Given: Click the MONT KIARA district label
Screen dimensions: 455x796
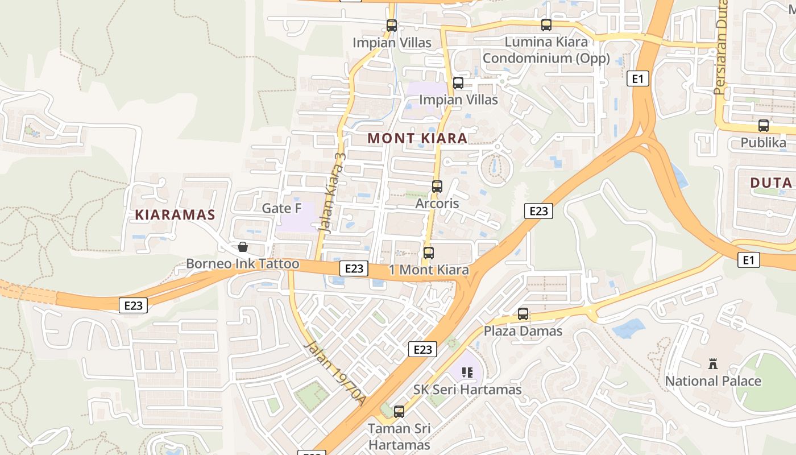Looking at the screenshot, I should tap(417, 138).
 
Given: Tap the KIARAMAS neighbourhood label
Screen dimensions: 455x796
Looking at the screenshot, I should tap(175, 215).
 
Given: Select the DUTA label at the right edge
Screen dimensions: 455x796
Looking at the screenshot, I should tap(772, 183).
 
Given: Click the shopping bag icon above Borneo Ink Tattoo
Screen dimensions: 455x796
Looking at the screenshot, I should tap(243, 247).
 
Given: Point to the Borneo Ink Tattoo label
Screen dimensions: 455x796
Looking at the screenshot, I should tap(243, 264).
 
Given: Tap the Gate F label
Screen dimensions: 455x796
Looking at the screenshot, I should tap(281, 208).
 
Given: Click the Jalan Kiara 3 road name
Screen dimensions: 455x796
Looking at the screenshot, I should tap(333, 191).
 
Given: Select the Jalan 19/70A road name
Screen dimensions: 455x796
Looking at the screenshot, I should tap(335, 373).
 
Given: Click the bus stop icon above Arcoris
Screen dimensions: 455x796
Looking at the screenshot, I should tap(437, 187).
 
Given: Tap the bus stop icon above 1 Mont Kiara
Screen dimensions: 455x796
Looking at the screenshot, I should tap(429, 253).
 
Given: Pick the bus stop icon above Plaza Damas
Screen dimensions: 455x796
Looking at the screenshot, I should tap(523, 314).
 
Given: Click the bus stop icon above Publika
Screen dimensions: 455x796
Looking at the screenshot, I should tap(764, 126).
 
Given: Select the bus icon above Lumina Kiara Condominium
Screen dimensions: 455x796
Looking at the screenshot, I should tap(546, 25).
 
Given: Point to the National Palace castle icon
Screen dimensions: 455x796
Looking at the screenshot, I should tap(712, 364).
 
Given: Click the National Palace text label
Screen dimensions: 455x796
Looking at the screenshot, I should tap(713, 381).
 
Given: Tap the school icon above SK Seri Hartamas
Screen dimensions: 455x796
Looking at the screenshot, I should tap(467, 373).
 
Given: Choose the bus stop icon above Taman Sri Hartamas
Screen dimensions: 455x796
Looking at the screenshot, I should tap(399, 411).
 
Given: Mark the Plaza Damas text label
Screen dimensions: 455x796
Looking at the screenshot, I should tap(523, 331).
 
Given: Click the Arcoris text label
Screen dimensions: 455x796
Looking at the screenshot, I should tap(437, 204).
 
